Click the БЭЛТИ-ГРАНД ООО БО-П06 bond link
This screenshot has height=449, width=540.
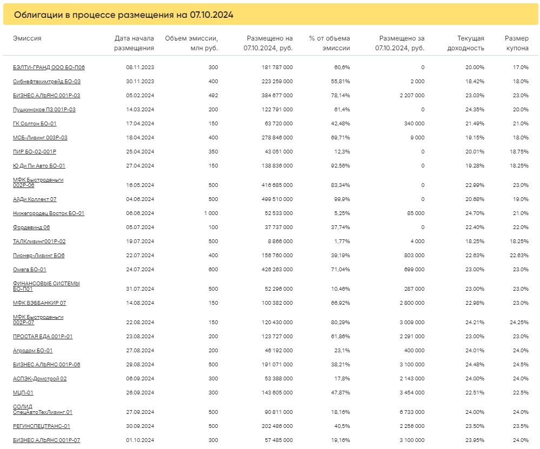click(49, 68)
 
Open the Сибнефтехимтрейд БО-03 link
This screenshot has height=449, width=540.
click(46, 82)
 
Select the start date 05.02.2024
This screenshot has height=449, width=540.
click(140, 96)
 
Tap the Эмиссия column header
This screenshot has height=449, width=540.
click(27, 38)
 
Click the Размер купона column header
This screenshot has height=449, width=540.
click(517, 43)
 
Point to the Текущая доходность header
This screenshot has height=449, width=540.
click(465, 43)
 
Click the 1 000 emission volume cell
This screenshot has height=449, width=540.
click(211, 213)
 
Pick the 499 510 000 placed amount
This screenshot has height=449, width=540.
click(277, 199)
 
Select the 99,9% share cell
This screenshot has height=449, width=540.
click(342, 199)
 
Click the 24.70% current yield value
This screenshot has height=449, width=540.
click(475, 213)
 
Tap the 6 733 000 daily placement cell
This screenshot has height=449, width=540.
click(412, 412)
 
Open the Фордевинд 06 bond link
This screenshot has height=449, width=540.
click(31, 227)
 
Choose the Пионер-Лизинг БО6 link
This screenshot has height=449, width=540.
click(38, 256)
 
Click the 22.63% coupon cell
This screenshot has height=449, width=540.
click(519, 256)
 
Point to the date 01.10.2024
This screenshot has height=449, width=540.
click(140, 440)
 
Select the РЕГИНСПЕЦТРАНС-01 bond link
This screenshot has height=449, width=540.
click(41, 426)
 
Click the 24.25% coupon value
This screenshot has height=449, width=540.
click(519, 322)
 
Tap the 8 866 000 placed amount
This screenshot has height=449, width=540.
click(281, 242)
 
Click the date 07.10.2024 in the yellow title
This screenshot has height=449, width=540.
click(211, 15)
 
